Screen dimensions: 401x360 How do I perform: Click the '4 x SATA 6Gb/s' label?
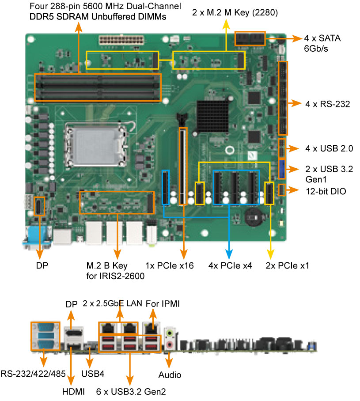coord(322,44)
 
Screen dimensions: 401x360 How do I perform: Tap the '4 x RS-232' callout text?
coord(327,105)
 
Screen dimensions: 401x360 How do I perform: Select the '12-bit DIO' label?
coord(326,191)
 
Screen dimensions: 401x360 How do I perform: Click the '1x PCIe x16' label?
coord(169,266)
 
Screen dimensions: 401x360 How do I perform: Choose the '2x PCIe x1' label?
coord(287,266)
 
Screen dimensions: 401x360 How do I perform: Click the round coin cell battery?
coord(253,216)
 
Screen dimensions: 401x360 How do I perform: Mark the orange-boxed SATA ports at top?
coord(250,39)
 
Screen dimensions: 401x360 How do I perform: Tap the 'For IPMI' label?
coord(163,304)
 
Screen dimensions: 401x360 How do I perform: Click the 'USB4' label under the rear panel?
coord(93,374)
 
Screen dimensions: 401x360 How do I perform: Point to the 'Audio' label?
coord(170,375)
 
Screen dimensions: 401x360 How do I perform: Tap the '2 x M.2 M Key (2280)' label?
coord(235,13)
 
